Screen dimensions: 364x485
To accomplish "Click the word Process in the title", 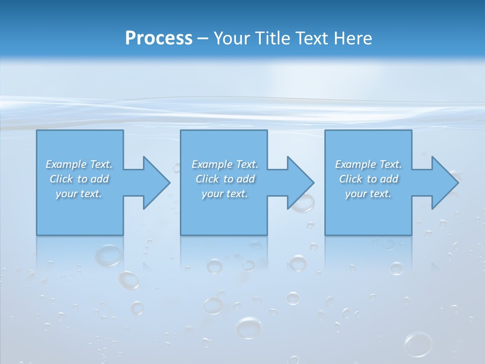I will click(159, 38).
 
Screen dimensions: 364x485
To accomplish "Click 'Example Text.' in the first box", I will click(79, 164).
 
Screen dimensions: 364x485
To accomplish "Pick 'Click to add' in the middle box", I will click(225, 179).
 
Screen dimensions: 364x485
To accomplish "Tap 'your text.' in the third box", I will click(368, 194).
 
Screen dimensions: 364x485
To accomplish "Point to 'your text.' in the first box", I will click(79, 194).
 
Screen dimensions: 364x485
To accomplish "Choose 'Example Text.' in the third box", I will click(368, 164).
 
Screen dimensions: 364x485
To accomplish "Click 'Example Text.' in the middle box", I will click(225, 164).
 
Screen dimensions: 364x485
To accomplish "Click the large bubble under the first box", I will click(109, 256).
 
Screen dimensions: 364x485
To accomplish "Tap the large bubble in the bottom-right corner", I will click(418, 344).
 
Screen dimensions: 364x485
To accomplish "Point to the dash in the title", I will click(203, 38).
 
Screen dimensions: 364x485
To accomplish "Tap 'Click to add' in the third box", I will click(368, 179).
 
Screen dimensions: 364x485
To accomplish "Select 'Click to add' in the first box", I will click(79, 179).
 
